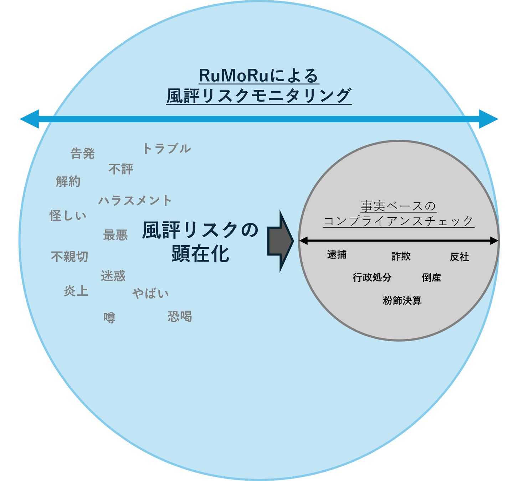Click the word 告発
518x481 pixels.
point(82,154)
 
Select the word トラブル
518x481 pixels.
point(166,149)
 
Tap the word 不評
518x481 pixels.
point(120,169)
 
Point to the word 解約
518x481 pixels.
point(68,181)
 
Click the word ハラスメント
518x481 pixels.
point(135,201)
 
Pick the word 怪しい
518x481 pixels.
point(68,216)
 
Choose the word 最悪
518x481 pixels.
point(115,235)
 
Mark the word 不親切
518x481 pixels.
point(70,257)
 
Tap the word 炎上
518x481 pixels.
point(76,291)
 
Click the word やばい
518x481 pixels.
point(150,294)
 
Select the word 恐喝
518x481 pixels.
point(180,316)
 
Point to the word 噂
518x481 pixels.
point(109,317)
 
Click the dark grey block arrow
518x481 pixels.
point(280,241)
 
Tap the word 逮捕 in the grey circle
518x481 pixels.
point(337,254)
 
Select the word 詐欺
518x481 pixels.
point(401,256)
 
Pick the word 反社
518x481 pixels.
point(459,257)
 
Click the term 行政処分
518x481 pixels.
point(372,277)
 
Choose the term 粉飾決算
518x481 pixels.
point(402,300)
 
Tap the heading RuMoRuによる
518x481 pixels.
point(258,76)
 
